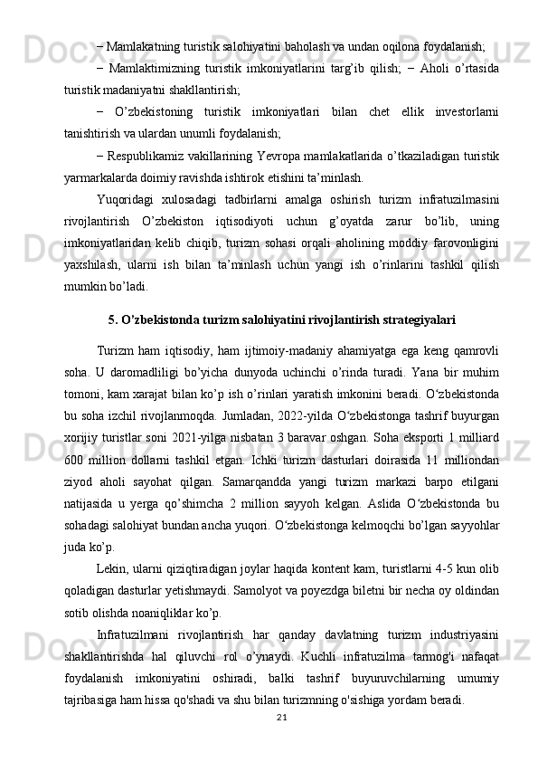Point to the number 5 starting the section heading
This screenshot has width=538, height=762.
[110, 319]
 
